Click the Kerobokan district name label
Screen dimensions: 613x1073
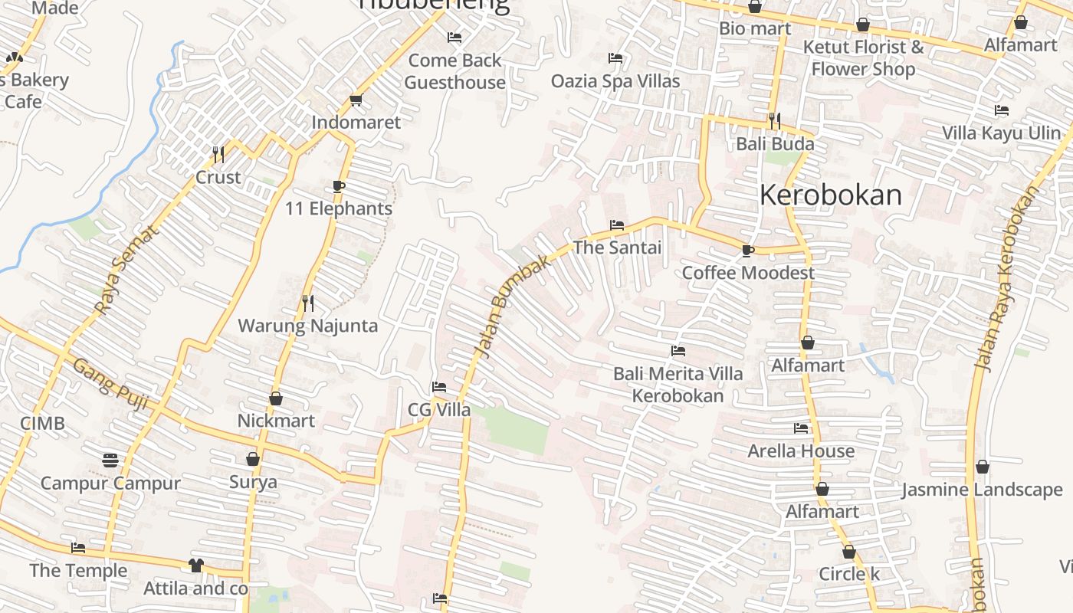(831, 195)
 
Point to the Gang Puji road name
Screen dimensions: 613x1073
(110, 386)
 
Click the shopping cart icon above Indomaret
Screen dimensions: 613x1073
(356, 100)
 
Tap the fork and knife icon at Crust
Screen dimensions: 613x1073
(218, 155)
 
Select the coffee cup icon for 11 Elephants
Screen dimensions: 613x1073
(339, 186)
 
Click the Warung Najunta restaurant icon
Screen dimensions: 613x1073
(308, 303)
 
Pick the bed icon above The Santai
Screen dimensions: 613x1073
(617, 225)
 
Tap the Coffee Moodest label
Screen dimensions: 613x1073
(748, 273)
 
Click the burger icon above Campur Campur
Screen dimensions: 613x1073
(110, 460)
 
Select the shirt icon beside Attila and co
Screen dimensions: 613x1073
(196, 565)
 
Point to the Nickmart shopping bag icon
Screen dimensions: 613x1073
(276, 398)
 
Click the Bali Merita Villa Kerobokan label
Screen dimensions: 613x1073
(678, 385)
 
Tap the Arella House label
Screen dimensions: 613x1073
(801, 451)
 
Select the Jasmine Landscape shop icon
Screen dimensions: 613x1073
(983, 467)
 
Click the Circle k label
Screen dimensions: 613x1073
(849, 574)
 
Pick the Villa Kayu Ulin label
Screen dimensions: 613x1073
(1001, 133)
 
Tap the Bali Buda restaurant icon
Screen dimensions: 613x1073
(775, 121)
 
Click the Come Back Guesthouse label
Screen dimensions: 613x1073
(454, 71)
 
